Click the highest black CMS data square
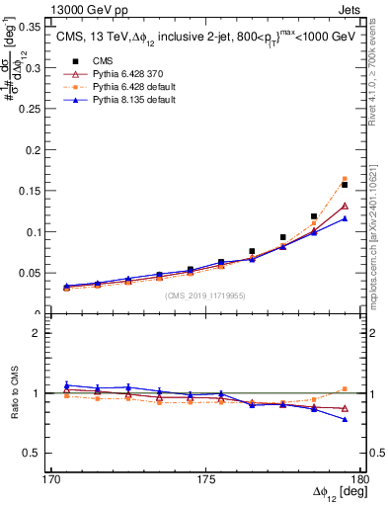click(345, 185)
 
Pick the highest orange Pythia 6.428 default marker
click(345, 179)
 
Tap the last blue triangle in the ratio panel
click(345, 419)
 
